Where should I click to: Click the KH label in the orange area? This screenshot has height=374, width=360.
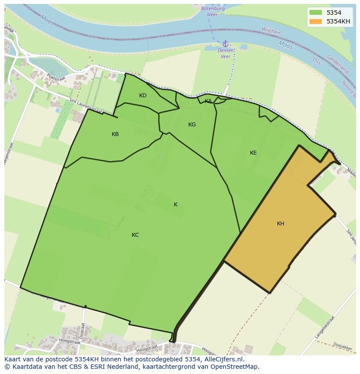[x=280, y=224]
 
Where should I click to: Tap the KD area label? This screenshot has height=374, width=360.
[x=143, y=96]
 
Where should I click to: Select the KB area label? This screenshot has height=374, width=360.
[x=115, y=134]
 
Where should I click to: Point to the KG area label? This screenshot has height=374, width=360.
[x=192, y=125]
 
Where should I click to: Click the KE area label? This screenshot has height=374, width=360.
[x=253, y=153]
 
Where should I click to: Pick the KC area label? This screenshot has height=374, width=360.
[x=135, y=235]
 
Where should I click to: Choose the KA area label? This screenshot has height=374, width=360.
[x=208, y=101]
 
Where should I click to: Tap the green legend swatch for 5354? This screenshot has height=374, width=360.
[x=316, y=13]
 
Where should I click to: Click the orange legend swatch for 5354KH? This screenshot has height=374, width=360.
[x=316, y=21]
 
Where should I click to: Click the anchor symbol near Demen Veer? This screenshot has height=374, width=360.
[x=225, y=43]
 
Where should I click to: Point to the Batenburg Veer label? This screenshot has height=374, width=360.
[x=212, y=11]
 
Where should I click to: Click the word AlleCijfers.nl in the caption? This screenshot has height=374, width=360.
[x=224, y=359]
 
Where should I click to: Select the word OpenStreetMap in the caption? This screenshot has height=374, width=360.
[x=235, y=367]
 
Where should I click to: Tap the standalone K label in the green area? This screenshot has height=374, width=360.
[x=176, y=205]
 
